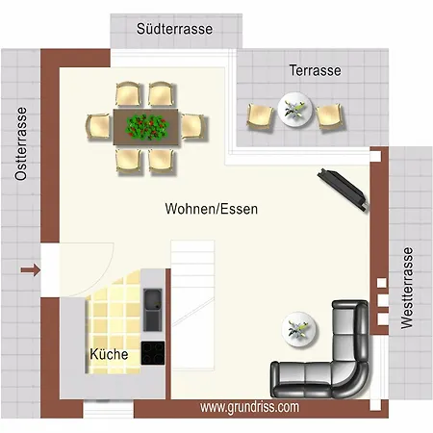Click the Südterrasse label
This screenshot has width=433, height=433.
pyautogui.click(x=174, y=29)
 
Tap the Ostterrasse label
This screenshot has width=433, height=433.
pyautogui.click(x=21, y=143)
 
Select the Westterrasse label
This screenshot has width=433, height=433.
pyautogui.click(x=407, y=288)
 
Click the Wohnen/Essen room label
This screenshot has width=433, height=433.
pyautogui.click(x=212, y=209)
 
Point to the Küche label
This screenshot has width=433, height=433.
pyautogui.click(x=109, y=354)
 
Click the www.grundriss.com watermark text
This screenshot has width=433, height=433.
pyautogui.click(x=249, y=407)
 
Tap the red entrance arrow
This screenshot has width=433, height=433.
pyautogui.click(x=31, y=270)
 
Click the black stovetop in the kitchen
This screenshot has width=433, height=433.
pyautogui.click(x=153, y=353)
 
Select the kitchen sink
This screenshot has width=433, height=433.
pyautogui.click(x=153, y=310)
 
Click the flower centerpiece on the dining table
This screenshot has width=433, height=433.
pyautogui.click(x=147, y=127)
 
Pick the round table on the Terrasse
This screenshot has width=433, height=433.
pyautogui.click(x=294, y=109)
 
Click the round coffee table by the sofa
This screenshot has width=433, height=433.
pyautogui.click(x=299, y=329)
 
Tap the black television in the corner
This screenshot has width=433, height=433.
pyautogui.click(x=343, y=190)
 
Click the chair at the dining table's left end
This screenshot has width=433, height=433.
pyautogui.click(x=98, y=126)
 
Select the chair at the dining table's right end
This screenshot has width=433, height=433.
pyautogui.click(x=193, y=126)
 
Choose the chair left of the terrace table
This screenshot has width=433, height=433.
pyautogui.click(x=260, y=116)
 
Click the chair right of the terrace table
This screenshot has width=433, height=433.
pyautogui.click(x=330, y=116)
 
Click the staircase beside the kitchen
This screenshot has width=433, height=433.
pyautogui.click(x=192, y=305)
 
